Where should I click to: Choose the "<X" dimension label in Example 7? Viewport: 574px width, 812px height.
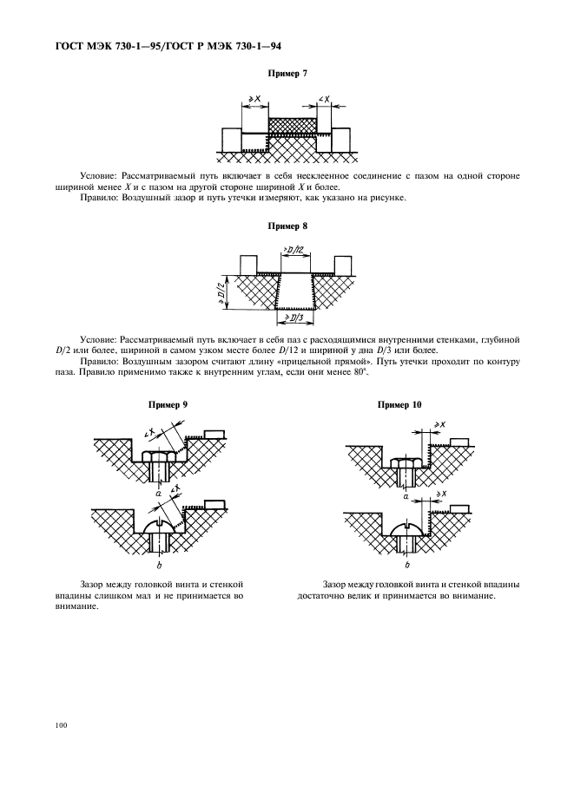323,100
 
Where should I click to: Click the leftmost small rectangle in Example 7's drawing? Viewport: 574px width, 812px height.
231,139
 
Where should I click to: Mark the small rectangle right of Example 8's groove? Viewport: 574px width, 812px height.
343,263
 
